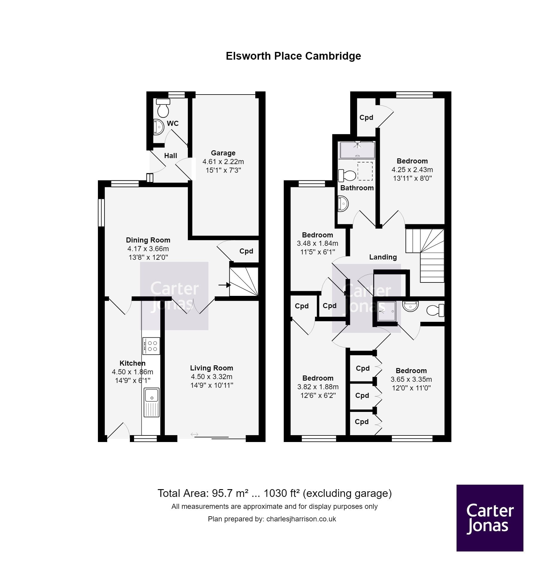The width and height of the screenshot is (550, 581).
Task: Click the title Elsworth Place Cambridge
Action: click(x=293, y=56)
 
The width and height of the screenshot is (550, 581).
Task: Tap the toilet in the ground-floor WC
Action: click(x=163, y=108)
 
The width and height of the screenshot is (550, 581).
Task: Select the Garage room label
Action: click(x=223, y=153)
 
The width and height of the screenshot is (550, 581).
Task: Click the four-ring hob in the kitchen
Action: click(x=151, y=346)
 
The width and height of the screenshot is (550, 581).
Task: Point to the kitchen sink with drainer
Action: click(x=152, y=402)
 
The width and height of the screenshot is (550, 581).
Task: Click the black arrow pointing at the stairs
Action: click(x=225, y=285)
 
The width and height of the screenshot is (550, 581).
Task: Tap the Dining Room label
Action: click(x=148, y=240)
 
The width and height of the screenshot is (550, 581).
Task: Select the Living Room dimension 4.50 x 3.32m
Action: click(x=211, y=377)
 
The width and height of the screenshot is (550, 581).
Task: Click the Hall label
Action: click(x=170, y=156)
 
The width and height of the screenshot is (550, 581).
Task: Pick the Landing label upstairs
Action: click(x=383, y=257)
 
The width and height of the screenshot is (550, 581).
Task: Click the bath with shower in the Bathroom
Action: click(x=357, y=150)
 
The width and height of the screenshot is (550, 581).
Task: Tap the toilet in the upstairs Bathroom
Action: click(x=347, y=175)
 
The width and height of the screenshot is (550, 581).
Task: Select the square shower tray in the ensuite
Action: click(x=387, y=311)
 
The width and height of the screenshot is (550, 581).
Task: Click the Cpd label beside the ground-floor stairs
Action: click(x=246, y=251)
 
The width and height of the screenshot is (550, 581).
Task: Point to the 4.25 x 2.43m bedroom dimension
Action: click(x=412, y=170)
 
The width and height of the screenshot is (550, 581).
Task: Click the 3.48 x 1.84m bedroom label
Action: click(x=317, y=235)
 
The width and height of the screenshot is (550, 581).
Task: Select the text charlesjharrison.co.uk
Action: click(x=301, y=519)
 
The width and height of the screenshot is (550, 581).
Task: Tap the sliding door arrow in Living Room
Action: click(x=195, y=435)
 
